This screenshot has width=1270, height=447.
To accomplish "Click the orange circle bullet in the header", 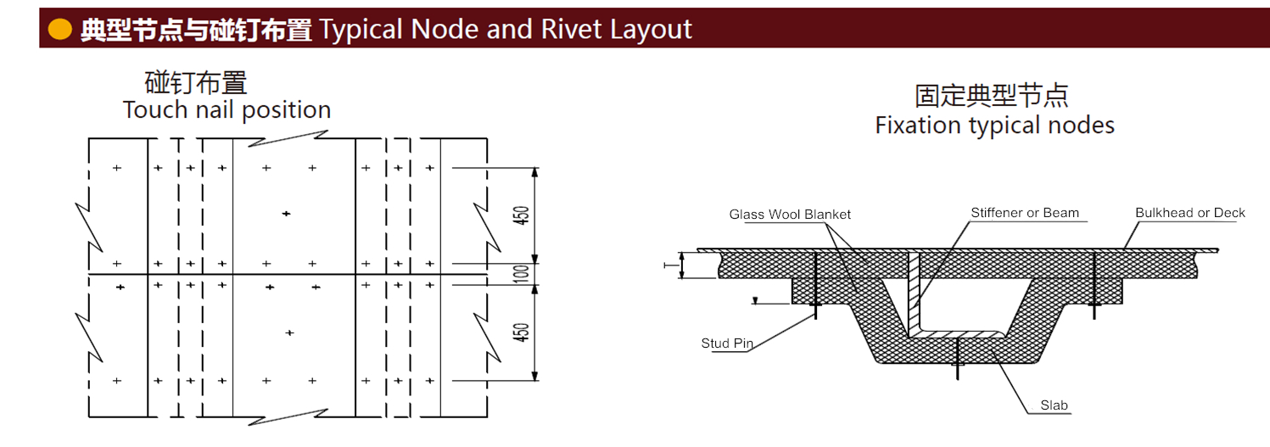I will coord(59,30).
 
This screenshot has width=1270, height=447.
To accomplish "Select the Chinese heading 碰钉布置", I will coord(196,83).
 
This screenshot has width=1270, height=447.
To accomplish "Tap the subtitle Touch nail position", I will coord(227,110).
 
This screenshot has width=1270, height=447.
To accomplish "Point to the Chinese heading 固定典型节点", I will coord(992,95).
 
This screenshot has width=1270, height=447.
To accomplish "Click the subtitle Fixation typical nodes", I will coord(994,126).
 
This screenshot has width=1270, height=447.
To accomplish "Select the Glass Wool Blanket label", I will coord(790,215).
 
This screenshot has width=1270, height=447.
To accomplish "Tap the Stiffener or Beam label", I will coord(1025,213).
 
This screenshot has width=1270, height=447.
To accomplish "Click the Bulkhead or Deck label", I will coord(1190,213).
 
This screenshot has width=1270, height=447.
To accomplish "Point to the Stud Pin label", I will coord(727,344).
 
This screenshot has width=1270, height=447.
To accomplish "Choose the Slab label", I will coord(1055,406).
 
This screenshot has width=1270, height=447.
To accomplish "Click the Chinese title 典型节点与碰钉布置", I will coord(196,30).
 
